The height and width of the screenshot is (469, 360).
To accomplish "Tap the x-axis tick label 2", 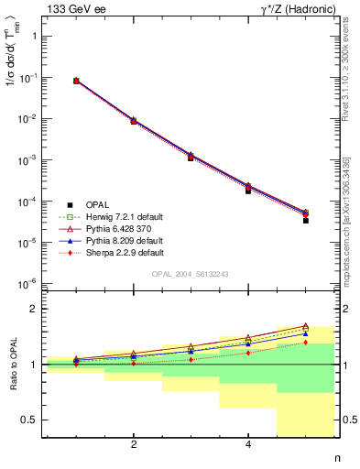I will [x=134, y=445].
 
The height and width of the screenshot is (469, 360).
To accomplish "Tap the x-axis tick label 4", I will [x=248, y=445].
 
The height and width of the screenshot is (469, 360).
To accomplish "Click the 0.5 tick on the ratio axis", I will [x=32, y=420].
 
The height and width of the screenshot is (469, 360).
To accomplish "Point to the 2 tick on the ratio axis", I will [x=36, y=310].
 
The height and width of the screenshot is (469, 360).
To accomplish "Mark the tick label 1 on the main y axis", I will [x=36, y=37].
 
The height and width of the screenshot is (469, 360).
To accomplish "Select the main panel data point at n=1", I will [x=76, y=81].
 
